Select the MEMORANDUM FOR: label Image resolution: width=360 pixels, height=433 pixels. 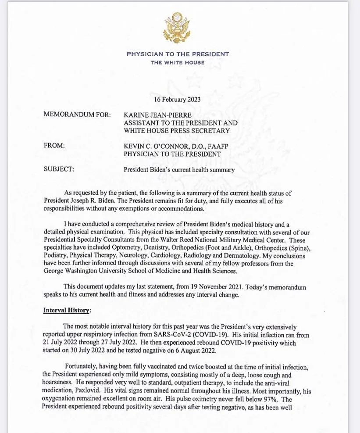click(x=77, y=115)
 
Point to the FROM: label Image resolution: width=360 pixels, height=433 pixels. click(x=54, y=146)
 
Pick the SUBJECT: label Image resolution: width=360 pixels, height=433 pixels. click(x=59, y=169)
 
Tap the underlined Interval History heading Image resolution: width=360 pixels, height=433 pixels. click(x=67, y=311)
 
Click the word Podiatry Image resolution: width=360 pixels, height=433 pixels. click(x=56, y=256)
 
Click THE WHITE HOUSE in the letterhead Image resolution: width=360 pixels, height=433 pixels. click(x=177, y=63)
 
